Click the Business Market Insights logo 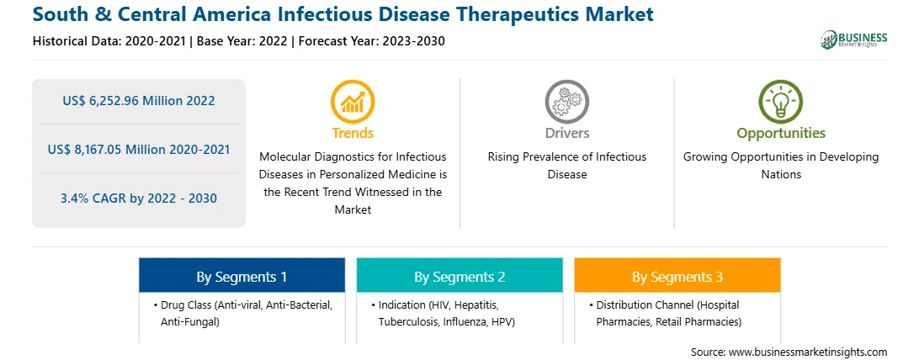pyautogui.click(x=854, y=40)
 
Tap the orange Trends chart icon pyautogui.click(x=353, y=102)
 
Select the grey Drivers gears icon pyautogui.click(x=566, y=102)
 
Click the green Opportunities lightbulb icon pyautogui.click(x=781, y=102)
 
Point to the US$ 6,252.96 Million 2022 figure pyautogui.click(x=139, y=101)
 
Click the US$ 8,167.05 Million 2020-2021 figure pyautogui.click(x=139, y=149)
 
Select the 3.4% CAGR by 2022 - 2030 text pyautogui.click(x=139, y=199)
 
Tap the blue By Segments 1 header pyautogui.click(x=242, y=276)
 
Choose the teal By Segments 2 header pyautogui.click(x=459, y=276)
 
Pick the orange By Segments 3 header pyautogui.click(x=677, y=276)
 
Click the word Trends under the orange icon pyautogui.click(x=353, y=133)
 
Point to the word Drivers pyautogui.click(x=566, y=133)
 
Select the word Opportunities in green pyautogui.click(x=781, y=133)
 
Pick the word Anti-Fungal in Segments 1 pyautogui.click(x=190, y=321)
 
